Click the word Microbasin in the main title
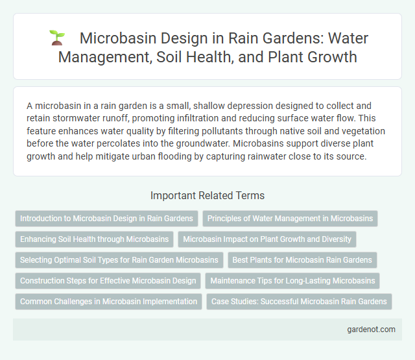pyautogui.click(x=113, y=38)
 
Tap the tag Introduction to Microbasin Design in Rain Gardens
pyautogui.click(x=106, y=219)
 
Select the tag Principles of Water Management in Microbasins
pyautogui.click(x=290, y=219)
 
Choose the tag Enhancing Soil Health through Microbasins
pyautogui.click(x=94, y=239)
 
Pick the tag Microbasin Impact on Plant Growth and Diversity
pyautogui.click(x=267, y=239)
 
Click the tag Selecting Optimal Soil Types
pyautogui.click(x=119, y=260)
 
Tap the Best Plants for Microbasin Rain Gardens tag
pyautogui.click(x=303, y=260)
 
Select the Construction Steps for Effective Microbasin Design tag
pyautogui.click(x=108, y=281)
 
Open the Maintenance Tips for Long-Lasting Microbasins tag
pyautogui.click(x=292, y=281)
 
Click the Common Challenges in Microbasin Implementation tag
pyautogui.click(x=108, y=302)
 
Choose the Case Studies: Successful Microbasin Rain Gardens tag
pyautogui.click(x=300, y=302)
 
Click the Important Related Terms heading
pyautogui.click(x=207, y=195)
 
